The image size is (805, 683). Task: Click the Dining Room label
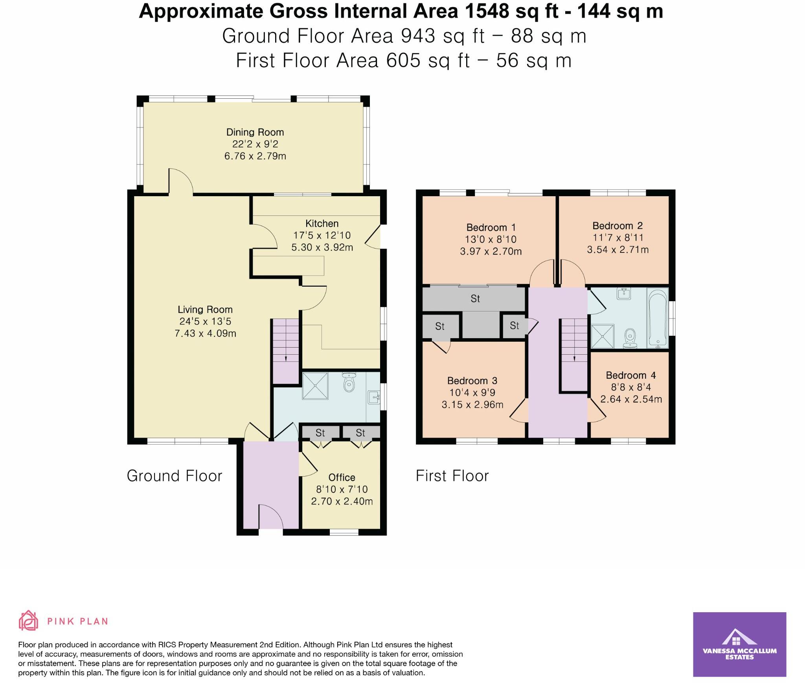coord(255,132)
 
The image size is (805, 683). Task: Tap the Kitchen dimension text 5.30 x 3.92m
coord(322,247)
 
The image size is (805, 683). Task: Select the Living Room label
coord(205,309)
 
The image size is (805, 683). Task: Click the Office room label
coord(342,477)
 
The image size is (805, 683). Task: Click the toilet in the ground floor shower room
coord(348,383)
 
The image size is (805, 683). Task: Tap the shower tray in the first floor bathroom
coord(602,336)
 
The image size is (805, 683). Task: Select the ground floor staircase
coord(286,350)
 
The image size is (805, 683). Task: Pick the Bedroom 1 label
coord(491,227)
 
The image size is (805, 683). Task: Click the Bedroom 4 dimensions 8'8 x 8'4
coord(631,387)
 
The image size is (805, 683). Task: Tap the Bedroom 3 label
coord(472,381)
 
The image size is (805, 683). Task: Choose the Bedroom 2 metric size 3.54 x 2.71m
coord(618,250)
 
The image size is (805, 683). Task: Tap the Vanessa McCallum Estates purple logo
coord(739,644)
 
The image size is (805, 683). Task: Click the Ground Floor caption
coord(174,476)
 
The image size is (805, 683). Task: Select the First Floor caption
coord(452,476)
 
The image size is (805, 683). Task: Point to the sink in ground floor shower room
coord(373,398)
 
